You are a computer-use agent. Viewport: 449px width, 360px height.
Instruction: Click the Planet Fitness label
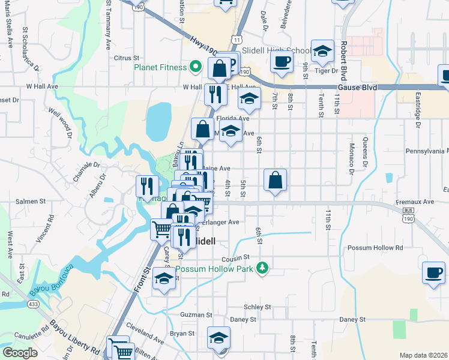click(x=160, y=67)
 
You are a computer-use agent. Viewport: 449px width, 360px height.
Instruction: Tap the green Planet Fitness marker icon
click(x=194, y=67)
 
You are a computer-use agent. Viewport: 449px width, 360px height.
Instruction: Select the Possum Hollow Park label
click(x=223, y=268)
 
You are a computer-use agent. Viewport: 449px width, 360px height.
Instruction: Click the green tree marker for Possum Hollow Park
click(x=261, y=266)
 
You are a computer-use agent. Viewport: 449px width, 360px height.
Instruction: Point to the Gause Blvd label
click(x=361, y=87)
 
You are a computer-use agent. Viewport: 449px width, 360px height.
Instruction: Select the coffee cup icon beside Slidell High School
click(x=282, y=60)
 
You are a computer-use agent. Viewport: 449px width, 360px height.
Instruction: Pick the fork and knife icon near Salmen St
click(x=146, y=185)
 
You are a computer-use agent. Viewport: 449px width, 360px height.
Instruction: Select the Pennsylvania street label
click(x=427, y=151)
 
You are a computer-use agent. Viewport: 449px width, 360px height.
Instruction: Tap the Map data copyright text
click(x=423, y=355)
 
